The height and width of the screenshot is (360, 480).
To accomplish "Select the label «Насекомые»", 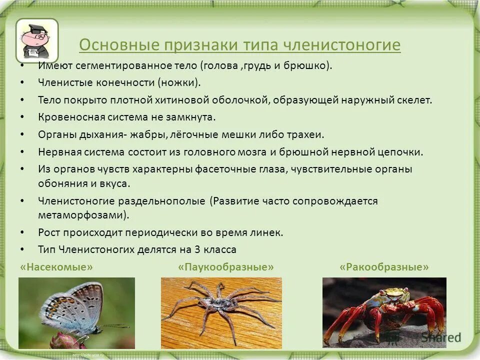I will point(56,267).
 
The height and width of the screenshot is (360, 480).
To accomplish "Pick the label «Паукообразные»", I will point(226,267).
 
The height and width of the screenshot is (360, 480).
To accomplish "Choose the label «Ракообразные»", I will point(384,267).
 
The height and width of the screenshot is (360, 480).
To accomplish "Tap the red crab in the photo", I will point(385,310).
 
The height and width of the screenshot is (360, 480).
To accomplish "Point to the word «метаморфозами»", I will point(82,215).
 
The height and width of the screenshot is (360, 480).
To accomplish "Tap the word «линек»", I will point(268,232).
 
